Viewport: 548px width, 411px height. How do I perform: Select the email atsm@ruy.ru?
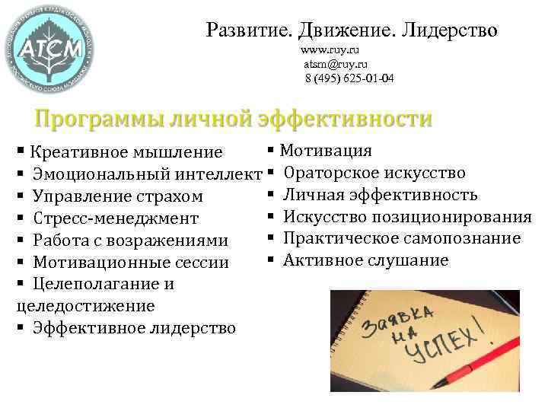click(x=336, y=65)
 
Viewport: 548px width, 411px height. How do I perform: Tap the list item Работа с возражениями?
click(x=130, y=241)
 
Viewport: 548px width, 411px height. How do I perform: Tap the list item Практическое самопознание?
click(x=401, y=239)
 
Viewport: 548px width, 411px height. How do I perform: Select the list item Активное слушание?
click(x=365, y=261)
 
